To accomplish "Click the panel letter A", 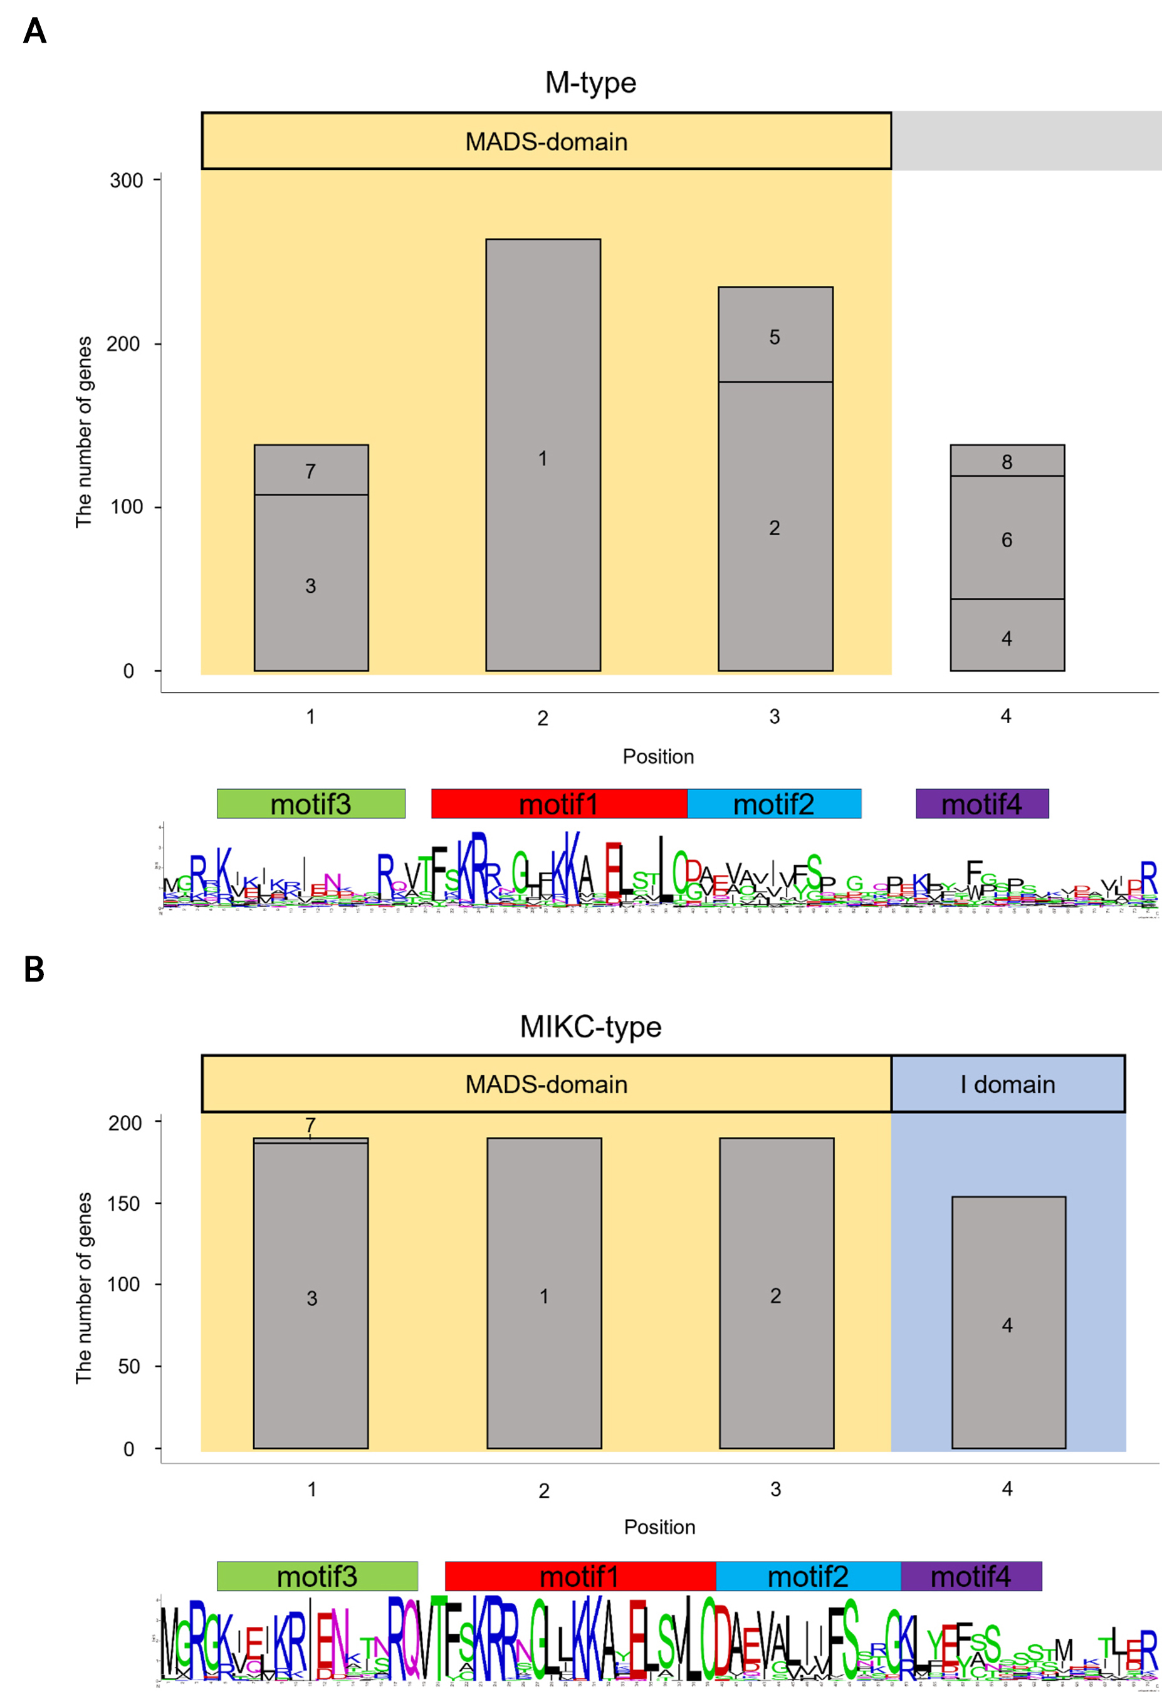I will [x=34, y=31].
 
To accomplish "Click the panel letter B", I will [x=34, y=970].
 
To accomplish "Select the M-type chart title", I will [x=590, y=83].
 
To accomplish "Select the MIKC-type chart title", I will [x=590, y=1027].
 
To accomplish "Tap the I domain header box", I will [x=1008, y=1084].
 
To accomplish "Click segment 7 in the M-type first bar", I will [x=311, y=471].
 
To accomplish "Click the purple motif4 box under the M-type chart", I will [x=981, y=805].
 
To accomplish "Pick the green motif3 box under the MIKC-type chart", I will [x=317, y=1577].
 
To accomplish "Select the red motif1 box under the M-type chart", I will [x=559, y=805].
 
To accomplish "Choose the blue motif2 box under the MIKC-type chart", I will [x=808, y=1577].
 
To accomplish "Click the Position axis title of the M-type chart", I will [x=658, y=756].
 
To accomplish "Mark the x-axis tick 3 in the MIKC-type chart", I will [x=775, y=1490].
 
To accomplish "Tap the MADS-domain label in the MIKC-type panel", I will [x=546, y=1084].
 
